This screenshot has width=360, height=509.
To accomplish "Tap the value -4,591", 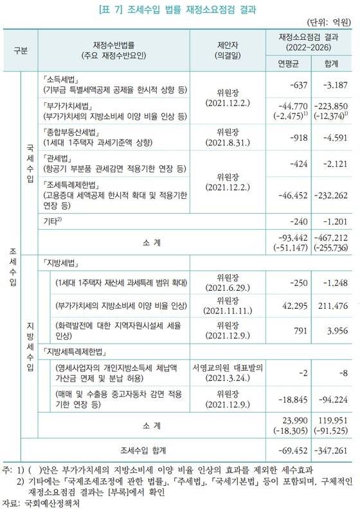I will point(332,136).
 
